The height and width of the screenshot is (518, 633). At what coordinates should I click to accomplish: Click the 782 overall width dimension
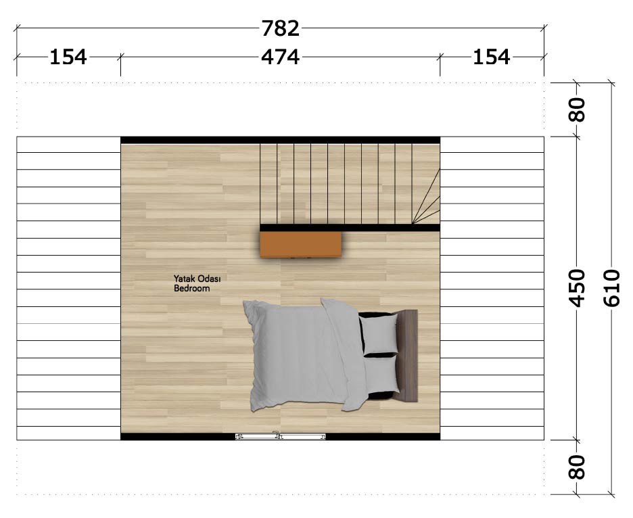[281, 28]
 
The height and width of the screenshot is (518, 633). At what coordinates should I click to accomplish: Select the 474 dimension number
[281, 57]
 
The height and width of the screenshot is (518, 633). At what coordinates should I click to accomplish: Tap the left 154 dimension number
[68, 57]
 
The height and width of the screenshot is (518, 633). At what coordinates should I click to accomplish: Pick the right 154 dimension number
[491, 57]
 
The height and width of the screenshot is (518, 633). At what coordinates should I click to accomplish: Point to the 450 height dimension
[577, 288]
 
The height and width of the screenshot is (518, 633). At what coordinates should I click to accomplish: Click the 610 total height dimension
[611, 288]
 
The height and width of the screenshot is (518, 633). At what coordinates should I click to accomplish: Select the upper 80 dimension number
[577, 110]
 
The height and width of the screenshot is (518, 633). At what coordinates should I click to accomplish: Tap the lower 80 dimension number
[577, 467]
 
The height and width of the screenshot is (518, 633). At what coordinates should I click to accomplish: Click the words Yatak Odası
[197, 279]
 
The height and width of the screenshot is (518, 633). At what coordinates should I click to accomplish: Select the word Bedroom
[192, 288]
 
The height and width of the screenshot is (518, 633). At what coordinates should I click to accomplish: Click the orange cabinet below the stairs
[301, 244]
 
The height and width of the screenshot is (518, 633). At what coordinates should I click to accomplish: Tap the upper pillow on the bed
[378, 334]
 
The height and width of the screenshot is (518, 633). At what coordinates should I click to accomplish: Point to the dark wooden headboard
[408, 356]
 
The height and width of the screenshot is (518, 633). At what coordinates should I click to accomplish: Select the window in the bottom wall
[281, 436]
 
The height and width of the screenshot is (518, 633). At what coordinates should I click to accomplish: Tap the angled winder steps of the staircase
[426, 197]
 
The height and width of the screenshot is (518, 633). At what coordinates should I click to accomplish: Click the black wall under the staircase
[350, 228]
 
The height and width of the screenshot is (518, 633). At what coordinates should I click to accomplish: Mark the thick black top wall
[281, 140]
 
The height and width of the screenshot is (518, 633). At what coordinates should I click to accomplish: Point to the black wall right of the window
[383, 436]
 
